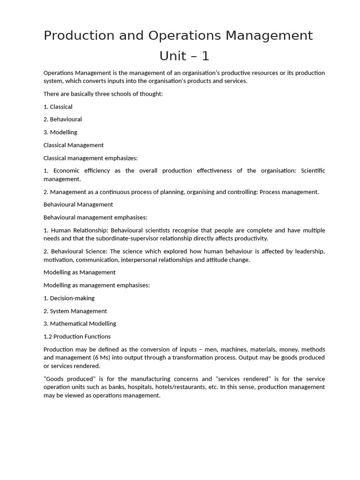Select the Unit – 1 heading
(x=184, y=56)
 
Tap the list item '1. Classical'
(x=58, y=107)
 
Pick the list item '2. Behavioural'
(x=63, y=120)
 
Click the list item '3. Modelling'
(x=60, y=132)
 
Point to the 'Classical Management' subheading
(x=74, y=145)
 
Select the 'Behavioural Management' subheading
(x=78, y=205)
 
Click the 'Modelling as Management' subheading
(x=79, y=272)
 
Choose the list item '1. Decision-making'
(x=69, y=298)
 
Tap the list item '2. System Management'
(x=75, y=311)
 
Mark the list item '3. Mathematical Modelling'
(x=80, y=324)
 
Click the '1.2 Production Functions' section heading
(x=77, y=337)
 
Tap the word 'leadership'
(x=309, y=252)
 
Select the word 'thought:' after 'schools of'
(x=151, y=94)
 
